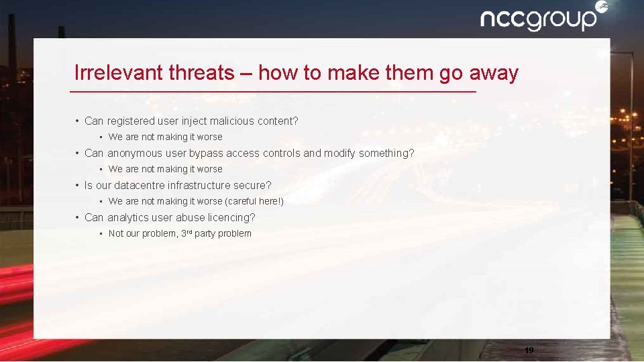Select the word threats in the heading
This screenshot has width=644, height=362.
tap(201, 72)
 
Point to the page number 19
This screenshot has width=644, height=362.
tap(529, 350)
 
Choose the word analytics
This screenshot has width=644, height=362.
tap(129, 218)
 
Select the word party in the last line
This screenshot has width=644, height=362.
tap(205, 234)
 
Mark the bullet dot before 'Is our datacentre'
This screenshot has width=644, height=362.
tap(78, 186)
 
